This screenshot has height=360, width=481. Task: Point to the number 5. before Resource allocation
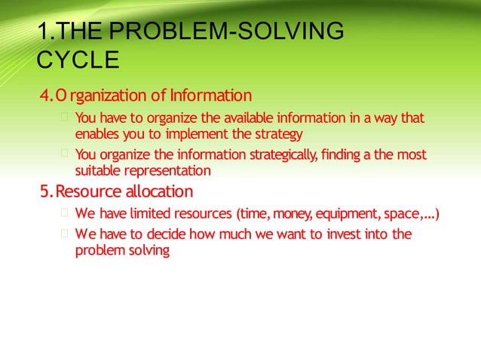[x=47, y=191]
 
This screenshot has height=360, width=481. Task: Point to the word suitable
[x=97, y=171]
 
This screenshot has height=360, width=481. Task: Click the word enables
[x=97, y=134]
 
